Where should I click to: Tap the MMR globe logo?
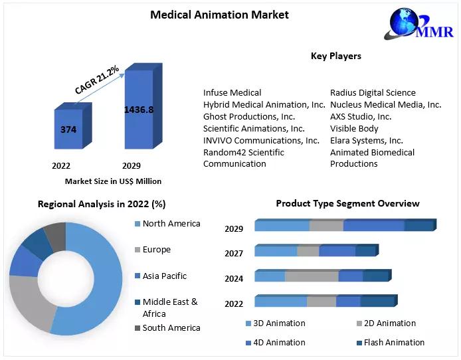tap(407, 25)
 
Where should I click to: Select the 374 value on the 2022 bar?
tap(68, 130)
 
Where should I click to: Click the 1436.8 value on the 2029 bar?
tap(139, 109)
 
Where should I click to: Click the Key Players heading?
tap(335, 56)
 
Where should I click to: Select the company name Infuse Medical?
tap(232, 93)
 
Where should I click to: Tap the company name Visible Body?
tap(354, 129)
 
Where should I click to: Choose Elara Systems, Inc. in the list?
tap(366, 141)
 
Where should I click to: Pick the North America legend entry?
tap(171, 224)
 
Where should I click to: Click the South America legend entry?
tap(171, 328)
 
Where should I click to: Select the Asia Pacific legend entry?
tap(164, 276)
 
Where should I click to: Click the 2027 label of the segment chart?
tap(234, 253)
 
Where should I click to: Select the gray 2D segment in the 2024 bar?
tap(311, 276)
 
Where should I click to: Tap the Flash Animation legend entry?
tap(393, 343)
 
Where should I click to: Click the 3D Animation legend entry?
tap(279, 323)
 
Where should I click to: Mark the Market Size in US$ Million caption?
tap(113, 181)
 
